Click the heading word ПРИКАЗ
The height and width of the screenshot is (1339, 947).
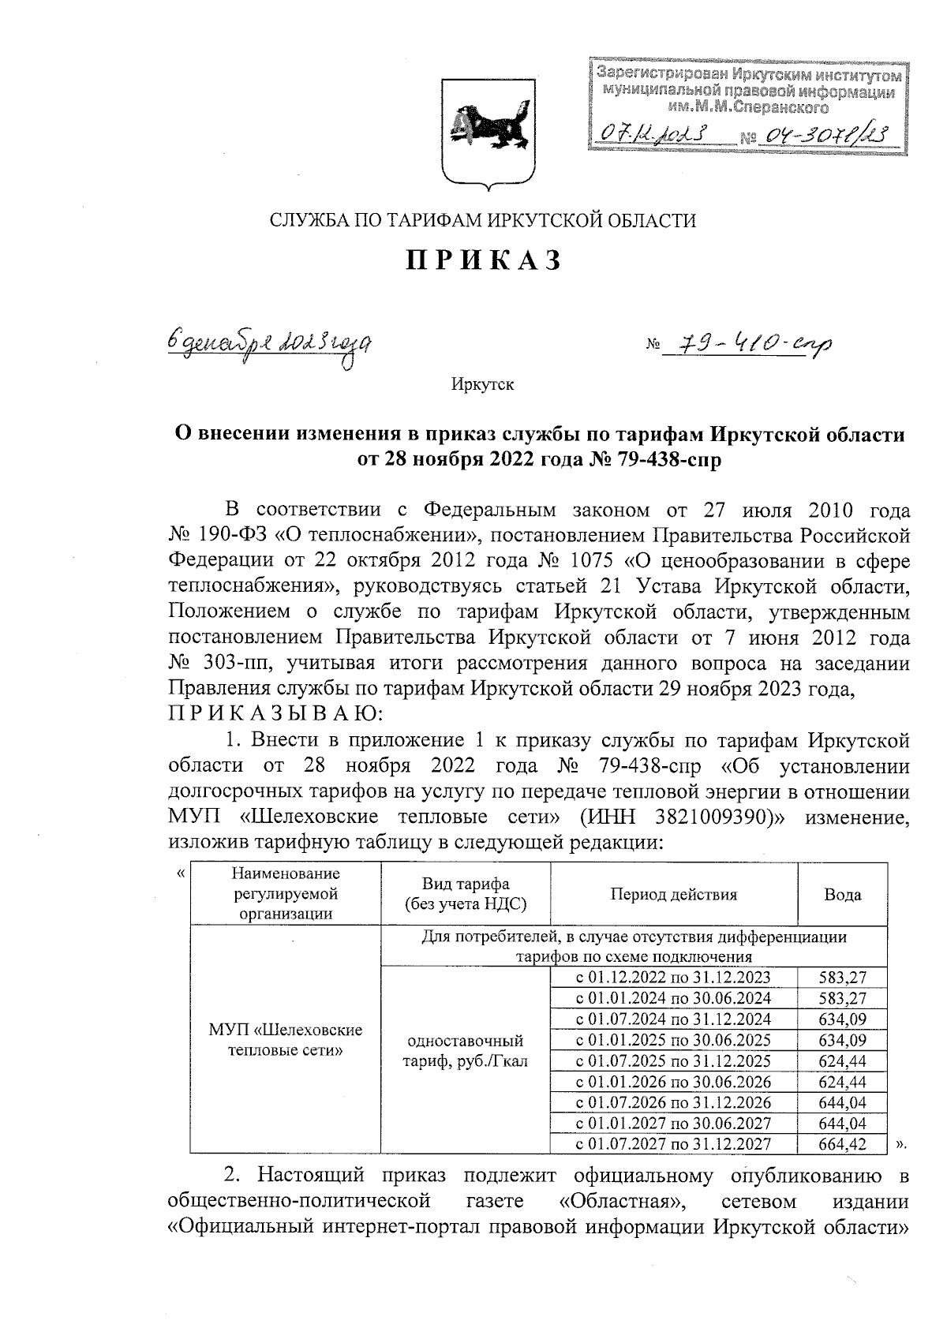tap(484, 260)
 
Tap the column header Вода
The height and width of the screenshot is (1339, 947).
tap(842, 895)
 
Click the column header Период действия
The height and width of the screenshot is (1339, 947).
tap(673, 895)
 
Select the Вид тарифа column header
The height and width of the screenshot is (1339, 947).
tap(465, 895)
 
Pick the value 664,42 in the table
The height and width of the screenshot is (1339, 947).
tap(843, 1144)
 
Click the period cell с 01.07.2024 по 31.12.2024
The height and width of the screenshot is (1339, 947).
tap(673, 1019)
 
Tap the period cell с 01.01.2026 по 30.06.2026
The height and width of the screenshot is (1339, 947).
tap(673, 1082)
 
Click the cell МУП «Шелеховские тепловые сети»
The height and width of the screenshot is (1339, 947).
tap(285, 1040)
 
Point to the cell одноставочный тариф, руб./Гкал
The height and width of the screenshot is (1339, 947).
tap(465, 1050)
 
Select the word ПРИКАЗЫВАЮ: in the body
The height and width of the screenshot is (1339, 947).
tap(276, 714)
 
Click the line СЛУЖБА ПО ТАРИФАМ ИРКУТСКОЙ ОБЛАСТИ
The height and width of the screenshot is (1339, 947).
tap(483, 221)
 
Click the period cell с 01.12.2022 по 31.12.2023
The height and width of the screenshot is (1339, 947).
tap(673, 978)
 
